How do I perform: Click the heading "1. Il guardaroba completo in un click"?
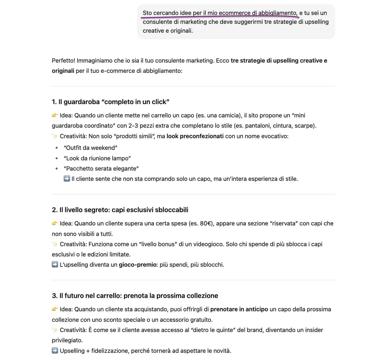tap(110, 102)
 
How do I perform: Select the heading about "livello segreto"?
tap(120, 210)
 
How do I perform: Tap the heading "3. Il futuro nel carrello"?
tap(135, 296)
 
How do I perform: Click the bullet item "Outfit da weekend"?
tap(91, 148)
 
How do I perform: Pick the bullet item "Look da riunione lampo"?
tap(97, 158)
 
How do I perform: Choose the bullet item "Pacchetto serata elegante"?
tap(101, 169)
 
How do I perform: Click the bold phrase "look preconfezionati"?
tap(195, 136)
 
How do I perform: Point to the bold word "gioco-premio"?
tap(138, 265)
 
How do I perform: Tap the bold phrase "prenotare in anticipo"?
tap(239, 309)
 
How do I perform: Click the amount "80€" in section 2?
tap(206, 223)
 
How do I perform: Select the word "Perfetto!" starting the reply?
tap(63, 61)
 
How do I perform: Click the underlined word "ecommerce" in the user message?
tap(234, 13)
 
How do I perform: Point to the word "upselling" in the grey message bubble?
tap(316, 22)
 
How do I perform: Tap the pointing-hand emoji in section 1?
tap(55, 115)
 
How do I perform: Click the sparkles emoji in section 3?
tap(55, 330)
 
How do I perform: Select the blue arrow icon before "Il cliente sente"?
tap(67, 179)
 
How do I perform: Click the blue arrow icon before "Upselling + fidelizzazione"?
tap(55, 351)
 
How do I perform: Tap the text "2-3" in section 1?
tap(133, 126)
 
